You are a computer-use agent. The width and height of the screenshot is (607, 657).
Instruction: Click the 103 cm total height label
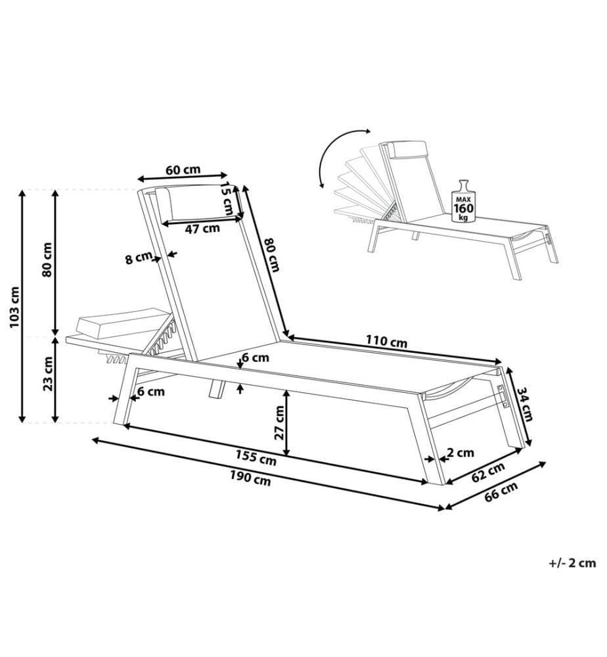click(14, 307)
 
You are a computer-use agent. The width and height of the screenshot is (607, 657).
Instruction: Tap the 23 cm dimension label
click(48, 374)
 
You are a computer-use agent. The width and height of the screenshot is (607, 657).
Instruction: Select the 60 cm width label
click(183, 170)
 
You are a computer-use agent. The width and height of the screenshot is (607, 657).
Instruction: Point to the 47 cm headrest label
click(202, 229)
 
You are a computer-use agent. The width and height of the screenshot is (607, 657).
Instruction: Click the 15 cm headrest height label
click(227, 198)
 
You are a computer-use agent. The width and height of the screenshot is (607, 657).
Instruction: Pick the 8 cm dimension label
click(139, 258)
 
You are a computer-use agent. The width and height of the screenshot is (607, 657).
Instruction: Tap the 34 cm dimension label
click(524, 403)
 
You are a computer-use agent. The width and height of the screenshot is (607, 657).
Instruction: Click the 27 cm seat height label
click(279, 422)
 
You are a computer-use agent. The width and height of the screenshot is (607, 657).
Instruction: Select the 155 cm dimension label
click(256, 457)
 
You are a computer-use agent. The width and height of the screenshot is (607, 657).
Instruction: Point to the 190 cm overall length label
click(250, 478)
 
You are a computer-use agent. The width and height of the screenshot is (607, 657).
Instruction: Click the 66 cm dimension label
click(501, 491)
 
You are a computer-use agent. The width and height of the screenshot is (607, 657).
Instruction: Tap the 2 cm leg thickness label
click(461, 453)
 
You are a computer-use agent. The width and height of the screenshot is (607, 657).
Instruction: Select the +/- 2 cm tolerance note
click(572, 563)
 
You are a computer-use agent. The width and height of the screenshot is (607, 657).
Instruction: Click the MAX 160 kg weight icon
click(463, 202)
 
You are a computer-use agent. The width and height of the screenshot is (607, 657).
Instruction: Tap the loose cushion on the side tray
click(123, 323)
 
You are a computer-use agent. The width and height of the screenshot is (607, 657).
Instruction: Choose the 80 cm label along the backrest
click(272, 254)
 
